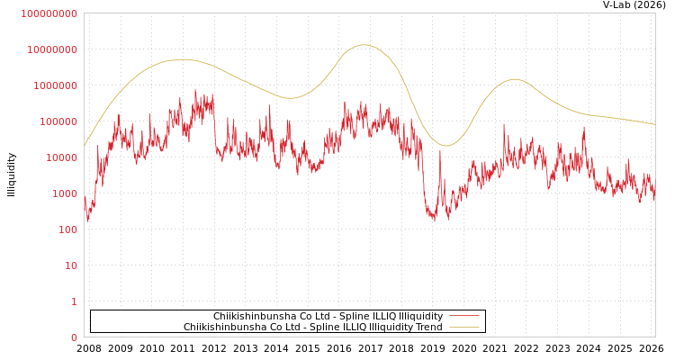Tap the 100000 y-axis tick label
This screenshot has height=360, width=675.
[58, 121]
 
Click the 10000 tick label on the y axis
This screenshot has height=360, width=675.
[62, 157]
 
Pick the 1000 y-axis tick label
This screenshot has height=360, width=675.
[65, 193]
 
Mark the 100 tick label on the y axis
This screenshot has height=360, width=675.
[68, 229]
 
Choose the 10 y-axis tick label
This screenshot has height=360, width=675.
[71, 265]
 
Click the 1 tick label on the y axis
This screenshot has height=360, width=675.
[75, 301]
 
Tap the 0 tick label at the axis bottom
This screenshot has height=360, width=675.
[75, 337]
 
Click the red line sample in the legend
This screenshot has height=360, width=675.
[463, 317]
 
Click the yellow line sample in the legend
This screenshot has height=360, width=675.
[463, 328]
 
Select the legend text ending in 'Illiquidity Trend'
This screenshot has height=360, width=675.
[312, 328]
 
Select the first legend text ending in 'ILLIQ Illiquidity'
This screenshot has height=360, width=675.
[328, 317]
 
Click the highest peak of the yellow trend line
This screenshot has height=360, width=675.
[364, 45]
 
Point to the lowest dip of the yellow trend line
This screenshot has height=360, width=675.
[445, 146]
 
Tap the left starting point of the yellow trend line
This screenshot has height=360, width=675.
[85, 146]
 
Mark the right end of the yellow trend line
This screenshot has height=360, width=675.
[654, 124]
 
